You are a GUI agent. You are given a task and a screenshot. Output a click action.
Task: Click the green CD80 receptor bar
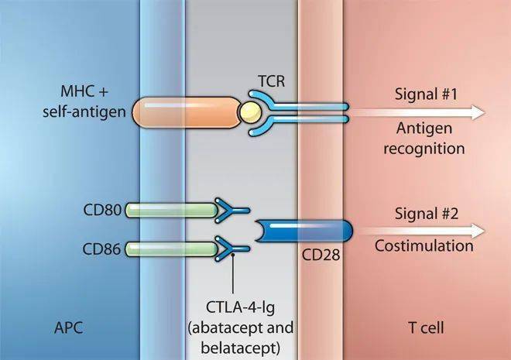coord(170,208)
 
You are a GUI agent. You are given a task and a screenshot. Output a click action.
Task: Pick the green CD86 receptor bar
coord(170,249)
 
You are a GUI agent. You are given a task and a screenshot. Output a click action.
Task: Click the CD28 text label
coord(320,255)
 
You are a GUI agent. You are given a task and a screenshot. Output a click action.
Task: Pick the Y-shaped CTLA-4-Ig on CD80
coord(232,208)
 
